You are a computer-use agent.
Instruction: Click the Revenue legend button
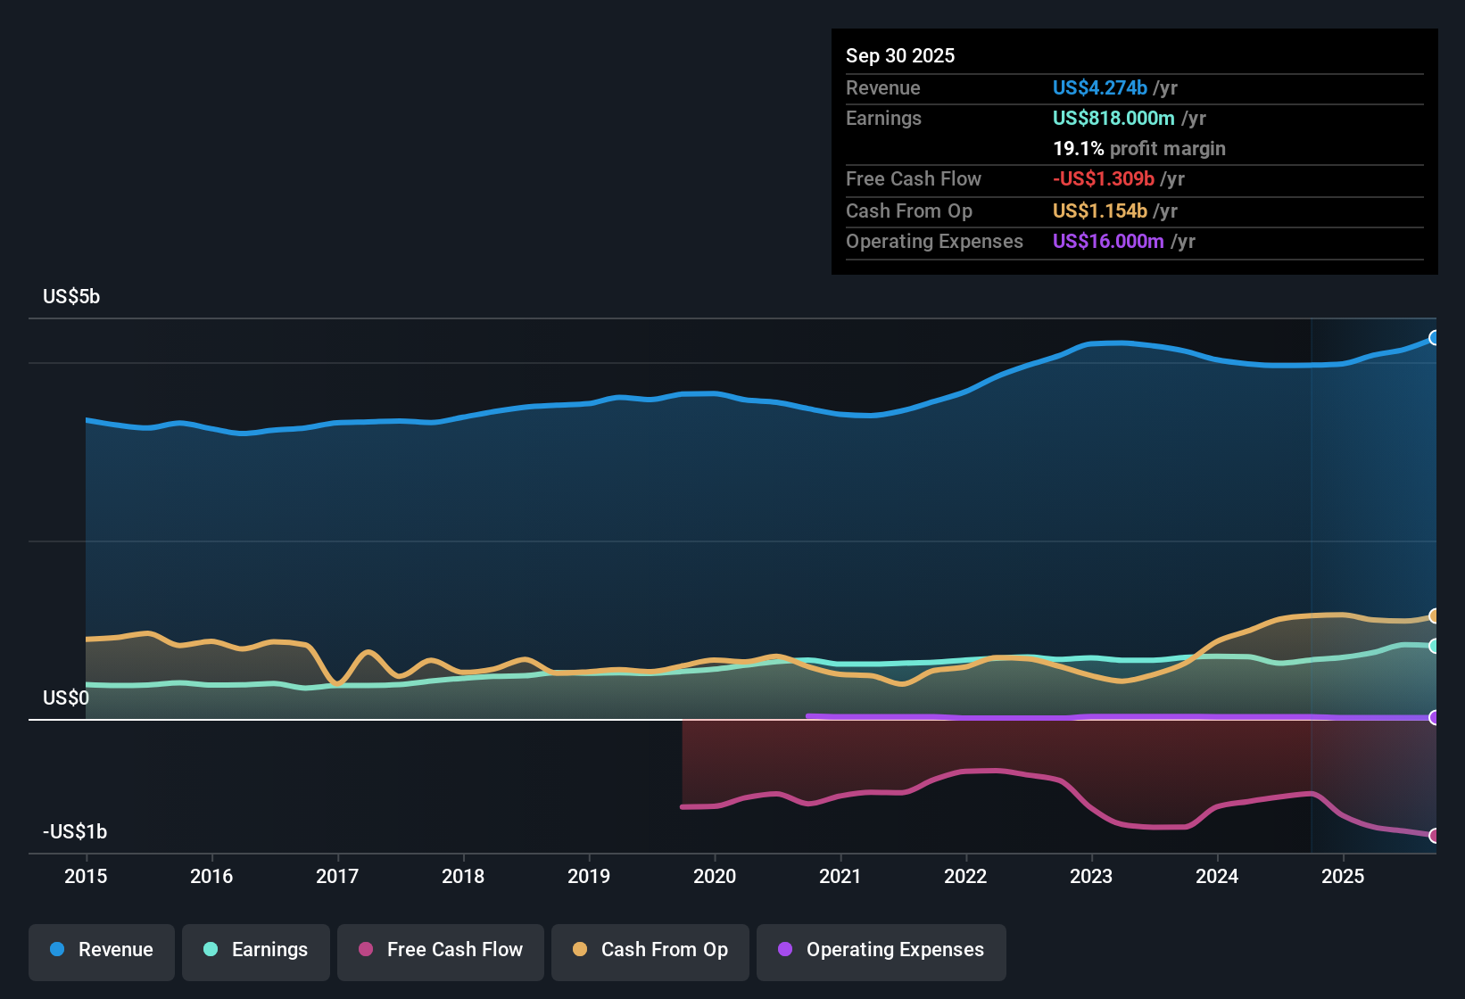102,950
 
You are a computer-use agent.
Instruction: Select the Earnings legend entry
256,950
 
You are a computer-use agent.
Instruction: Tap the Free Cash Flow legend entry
441,950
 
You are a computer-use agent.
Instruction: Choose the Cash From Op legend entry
650,950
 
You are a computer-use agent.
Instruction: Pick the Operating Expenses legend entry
881,950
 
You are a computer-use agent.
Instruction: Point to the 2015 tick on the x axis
86,876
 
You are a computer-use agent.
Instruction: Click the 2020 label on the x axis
715,876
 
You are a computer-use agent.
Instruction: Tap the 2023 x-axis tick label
1091,876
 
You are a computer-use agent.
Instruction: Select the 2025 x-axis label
1343,876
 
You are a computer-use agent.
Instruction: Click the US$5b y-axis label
71,297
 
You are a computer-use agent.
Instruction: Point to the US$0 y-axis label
66,698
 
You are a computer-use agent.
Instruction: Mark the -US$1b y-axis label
75,831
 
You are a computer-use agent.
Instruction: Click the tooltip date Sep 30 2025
899,55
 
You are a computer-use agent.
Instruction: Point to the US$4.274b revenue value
1099,87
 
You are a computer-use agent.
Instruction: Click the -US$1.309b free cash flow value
1103,178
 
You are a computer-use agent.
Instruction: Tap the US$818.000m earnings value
1113,118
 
